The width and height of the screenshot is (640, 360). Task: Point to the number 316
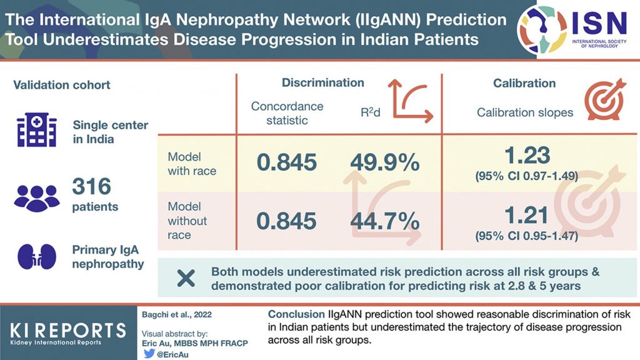(92, 186)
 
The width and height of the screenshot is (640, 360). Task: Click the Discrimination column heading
(322, 82)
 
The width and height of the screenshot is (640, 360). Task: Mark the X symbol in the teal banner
(186, 278)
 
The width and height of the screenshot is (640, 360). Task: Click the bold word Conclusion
(296, 314)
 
